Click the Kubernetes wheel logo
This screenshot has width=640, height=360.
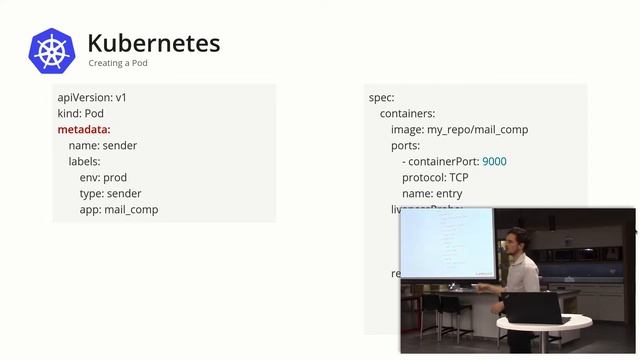pyautogui.click(x=52, y=50)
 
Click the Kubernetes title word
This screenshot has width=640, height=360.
pyautogui.click(x=153, y=43)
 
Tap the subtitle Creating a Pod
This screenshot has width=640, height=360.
pyautogui.click(x=118, y=63)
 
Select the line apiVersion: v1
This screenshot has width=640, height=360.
pyautogui.click(x=92, y=98)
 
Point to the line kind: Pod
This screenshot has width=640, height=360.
pyautogui.click(x=81, y=114)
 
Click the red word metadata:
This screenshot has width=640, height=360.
pyautogui.click(x=84, y=130)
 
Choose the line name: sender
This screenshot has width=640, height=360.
pyautogui.click(x=102, y=146)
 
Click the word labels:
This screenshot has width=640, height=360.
pyautogui.click(x=84, y=162)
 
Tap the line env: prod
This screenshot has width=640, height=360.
pyautogui.click(x=103, y=178)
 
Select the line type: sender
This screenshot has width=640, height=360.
pyautogui.click(x=110, y=194)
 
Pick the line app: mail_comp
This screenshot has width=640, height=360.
pyautogui.click(x=119, y=210)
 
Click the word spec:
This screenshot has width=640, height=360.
pyautogui.click(x=381, y=98)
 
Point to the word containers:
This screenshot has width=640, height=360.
pyautogui.click(x=407, y=114)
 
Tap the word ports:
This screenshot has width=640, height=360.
pyautogui.click(x=405, y=146)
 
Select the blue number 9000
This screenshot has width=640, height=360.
pyautogui.click(x=494, y=162)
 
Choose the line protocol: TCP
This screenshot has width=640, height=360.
pyautogui.click(x=435, y=178)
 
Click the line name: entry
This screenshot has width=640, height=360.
pyautogui.click(x=432, y=194)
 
